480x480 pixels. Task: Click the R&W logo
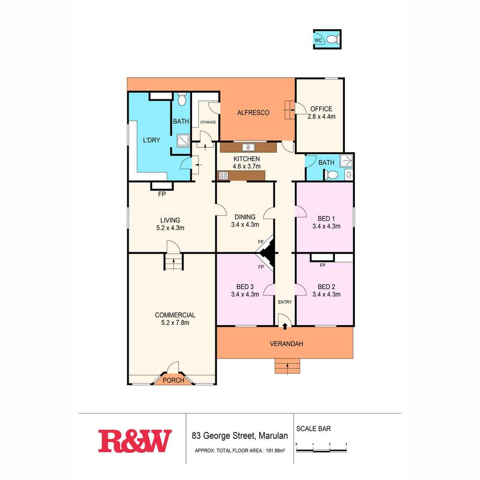[135, 441]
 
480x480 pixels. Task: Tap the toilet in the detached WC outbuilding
[332, 40]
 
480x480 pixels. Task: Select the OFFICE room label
[321, 109]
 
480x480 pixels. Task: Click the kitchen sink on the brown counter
[248, 147]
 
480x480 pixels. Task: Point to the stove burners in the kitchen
[223, 176]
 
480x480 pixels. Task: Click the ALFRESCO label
[253, 113]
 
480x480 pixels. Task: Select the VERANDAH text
[286, 344]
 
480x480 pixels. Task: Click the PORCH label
[173, 380]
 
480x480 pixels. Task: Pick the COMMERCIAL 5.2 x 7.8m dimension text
[175, 323]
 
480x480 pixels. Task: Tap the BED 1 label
[326, 219]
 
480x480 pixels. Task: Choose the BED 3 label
[245, 287]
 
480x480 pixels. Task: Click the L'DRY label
[151, 140]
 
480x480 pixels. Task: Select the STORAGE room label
[208, 122]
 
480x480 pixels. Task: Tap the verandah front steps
[287, 366]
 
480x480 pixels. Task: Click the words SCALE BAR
[313, 429]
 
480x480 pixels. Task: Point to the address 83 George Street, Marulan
[240, 436]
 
